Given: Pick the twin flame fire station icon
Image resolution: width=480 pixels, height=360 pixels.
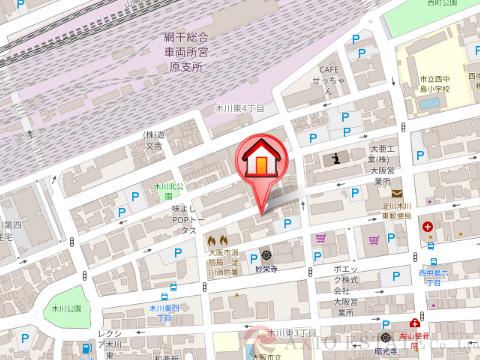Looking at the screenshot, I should [x=219, y=240].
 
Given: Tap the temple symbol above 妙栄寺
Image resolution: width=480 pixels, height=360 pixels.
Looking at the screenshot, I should [x=267, y=253].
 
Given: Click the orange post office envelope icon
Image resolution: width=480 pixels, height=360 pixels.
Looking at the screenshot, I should [x=396, y=194].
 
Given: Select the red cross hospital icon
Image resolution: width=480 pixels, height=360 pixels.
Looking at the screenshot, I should [x=427, y=227].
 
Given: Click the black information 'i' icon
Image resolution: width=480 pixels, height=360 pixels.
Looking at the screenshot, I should [x=337, y=156].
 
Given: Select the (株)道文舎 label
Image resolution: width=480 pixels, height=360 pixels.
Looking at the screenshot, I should [x=153, y=139].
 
